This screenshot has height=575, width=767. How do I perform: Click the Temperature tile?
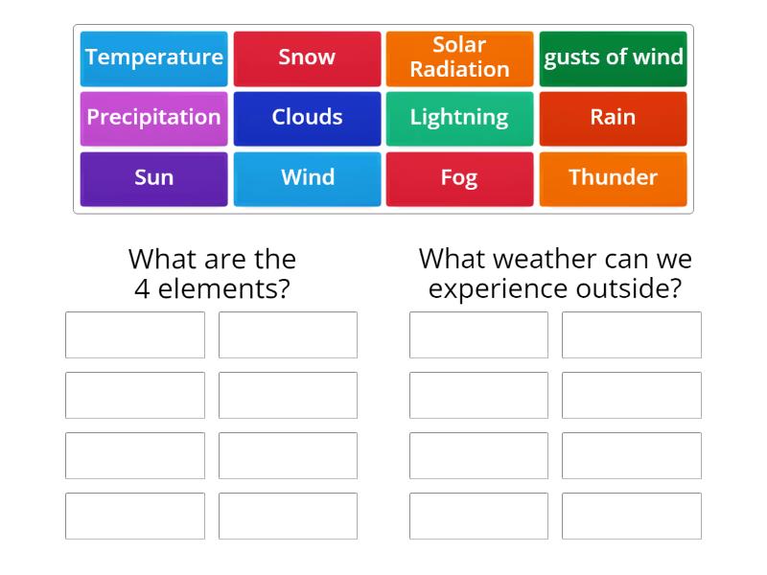coord(153,57)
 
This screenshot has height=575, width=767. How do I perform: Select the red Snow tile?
coord(307,57)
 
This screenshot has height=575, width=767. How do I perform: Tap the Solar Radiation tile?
coord(459,57)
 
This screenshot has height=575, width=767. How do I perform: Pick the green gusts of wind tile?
coord(614,57)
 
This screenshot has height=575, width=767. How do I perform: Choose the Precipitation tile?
coord(153,118)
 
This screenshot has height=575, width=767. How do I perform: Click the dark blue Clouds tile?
coord(307,118)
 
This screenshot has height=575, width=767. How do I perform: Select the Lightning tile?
coord(459,118)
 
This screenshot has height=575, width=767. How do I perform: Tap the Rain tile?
coord(614,118)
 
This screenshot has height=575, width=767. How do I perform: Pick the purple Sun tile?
coord(153,178)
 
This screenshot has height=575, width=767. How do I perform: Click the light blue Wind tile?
coord(307,178)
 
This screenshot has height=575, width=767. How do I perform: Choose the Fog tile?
coord(459,178)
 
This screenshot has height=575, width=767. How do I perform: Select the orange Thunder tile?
coord(614,178)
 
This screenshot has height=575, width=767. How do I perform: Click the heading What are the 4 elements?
coord(212,273)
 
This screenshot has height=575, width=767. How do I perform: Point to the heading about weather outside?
coord(555,273)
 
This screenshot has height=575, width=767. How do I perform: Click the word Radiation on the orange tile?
coord(459,70)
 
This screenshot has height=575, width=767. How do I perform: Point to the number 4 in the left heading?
coord(141,288)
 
